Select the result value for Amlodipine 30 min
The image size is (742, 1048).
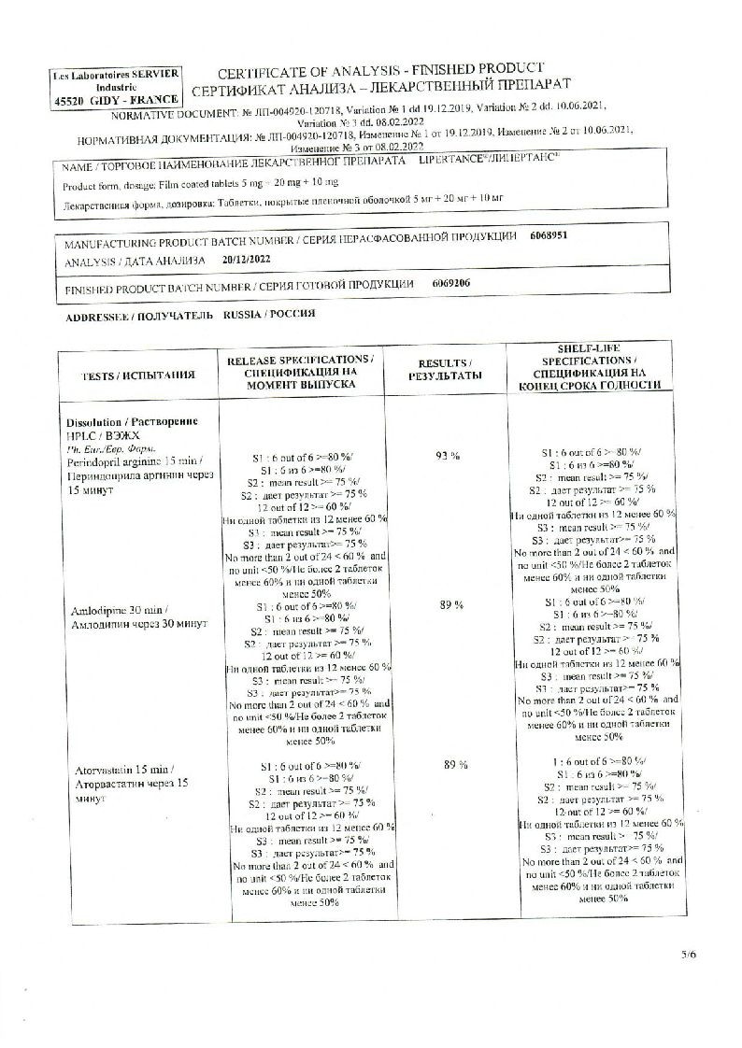pos(451,605)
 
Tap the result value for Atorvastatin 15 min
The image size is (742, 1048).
pos(455,765)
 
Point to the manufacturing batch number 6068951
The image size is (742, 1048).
pos(548,237)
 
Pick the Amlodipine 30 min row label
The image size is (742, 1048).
pos(133,616)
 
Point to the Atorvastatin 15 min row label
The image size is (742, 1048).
pos(132,775)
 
